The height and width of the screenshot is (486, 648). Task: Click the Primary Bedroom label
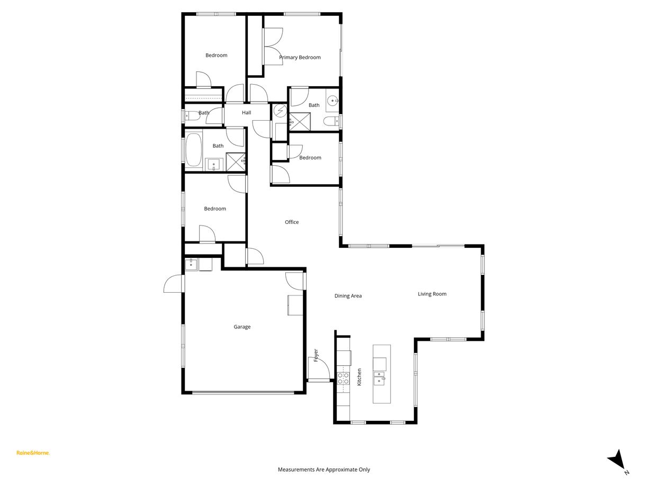(x=300, y=57)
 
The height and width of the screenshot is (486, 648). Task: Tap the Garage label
(x=242, y=327)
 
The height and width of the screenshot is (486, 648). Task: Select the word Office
(x=292, y=222)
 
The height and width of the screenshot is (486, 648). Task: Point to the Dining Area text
(x=348, y=296)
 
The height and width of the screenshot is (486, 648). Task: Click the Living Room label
(x=432, y=294)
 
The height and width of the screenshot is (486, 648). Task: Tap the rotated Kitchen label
(x=359, y=376)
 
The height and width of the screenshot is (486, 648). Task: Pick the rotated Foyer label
(x=316, y=355)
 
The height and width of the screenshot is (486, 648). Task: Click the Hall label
(x=246, y=113)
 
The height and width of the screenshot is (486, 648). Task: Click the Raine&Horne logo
(x=33, y=453)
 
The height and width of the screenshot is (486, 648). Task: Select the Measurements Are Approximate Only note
(x=324, y=470)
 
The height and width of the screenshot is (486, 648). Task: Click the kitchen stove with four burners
(x=343, y=378)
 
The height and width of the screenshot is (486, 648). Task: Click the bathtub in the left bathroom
(x=193, y=150)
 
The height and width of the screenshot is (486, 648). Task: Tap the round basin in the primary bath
(x=333, y=100)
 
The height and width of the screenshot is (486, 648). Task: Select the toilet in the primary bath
(x=332, y=122)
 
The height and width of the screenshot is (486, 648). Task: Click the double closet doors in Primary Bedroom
(x=273, y=45)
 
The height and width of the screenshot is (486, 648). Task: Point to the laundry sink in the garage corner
(x=191, y=264)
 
